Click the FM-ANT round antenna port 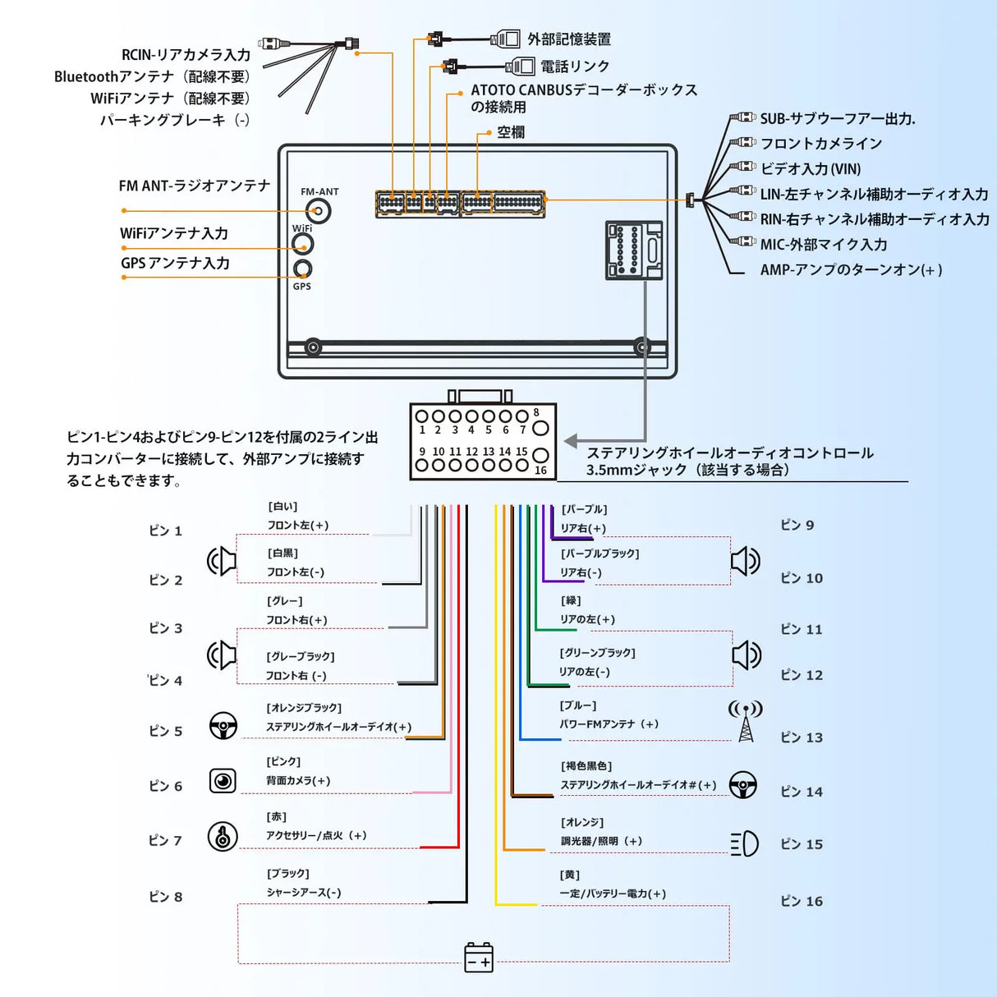pyautogui.click(x=315, y=211)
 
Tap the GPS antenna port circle pyautogui.click(x=303, y=269)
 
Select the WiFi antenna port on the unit pyautogui.click(x=303, y=244)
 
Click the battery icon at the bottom pyautogui.click(x=479, y=958)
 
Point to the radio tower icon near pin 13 pyautogui.click(x=746, y=720)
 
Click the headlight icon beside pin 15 pyautogui.click(x=745, y=843)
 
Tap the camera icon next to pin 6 pyautogui.click(x=223, y=780)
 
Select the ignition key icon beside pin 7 pyautogui.click(x=223, y=836)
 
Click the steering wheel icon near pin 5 pyautogui.click(x=223, y=726)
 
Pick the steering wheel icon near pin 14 pyautogui.click(x=743, y=784)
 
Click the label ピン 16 pyautogui.click(x=802, y=901)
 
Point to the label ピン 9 pyautogui.click(x=797, y=525)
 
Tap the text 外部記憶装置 pyautogui.click(x=569, y=39)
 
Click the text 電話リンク pyautogui.click(x=575, y=67)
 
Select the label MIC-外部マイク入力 pyautogui.click(x=824, y=244)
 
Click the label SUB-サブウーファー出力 pyautogui.click(x=837, y=119)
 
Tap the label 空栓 pyautogui.click(x=511, y=132)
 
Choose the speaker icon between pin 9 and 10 pyautogui.click(x=746, y=562)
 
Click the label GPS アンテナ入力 pyautogui.click(x=175, y=264)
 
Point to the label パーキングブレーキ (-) pyautogui.click(x=175, y=120)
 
